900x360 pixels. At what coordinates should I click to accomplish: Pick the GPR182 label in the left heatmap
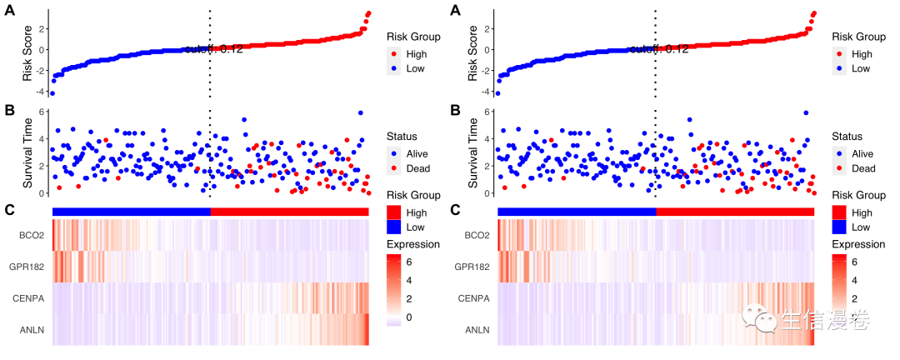(x=27, y=267)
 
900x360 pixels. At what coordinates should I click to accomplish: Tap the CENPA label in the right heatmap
(x=476, y=299)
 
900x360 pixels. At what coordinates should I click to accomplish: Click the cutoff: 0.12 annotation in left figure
(x=213, y=49)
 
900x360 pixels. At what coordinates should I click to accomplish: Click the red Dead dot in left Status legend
(x=394, y=168)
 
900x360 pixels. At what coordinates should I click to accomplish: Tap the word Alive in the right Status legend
(x=862, y=153)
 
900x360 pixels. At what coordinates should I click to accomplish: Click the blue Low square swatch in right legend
(x=840, y=227)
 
